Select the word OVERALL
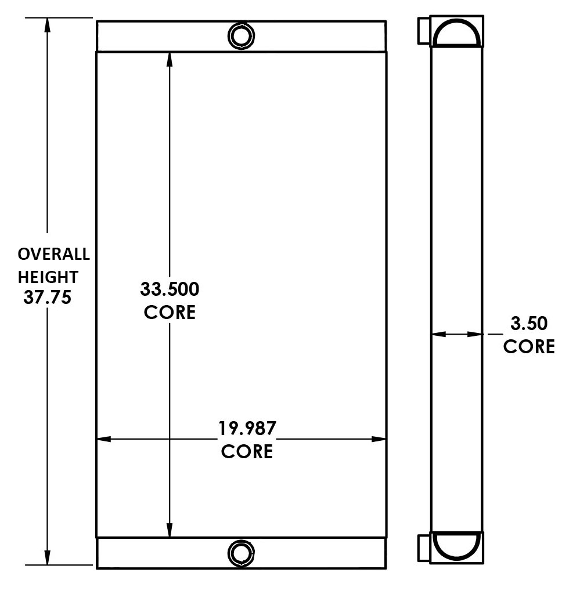(53, 254)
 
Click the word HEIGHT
(48, 276)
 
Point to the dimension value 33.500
(170, 288)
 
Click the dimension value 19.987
(247, 429)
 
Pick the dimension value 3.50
(528, 324)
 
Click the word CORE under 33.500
(170, 312)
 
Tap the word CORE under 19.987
(247, 451)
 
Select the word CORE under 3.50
(528, 346)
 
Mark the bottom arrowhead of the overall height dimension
(47, 557)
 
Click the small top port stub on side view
(424, 30)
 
